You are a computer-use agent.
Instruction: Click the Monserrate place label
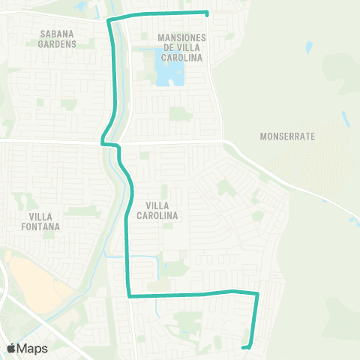click(288, 137)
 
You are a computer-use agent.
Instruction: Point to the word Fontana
click(40, 225)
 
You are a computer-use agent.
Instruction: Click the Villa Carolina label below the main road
click(157, 210)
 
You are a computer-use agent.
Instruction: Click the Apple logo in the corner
click(10, 348)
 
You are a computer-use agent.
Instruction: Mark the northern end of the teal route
click(206, 13)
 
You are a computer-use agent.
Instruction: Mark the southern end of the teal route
click(244, 346)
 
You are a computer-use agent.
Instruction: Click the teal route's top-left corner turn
click(109, 19)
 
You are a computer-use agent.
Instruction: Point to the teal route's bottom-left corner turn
click(130, 295)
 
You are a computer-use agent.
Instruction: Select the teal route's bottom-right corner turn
click(256, 294)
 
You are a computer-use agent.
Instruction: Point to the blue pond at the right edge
click(353, 220)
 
